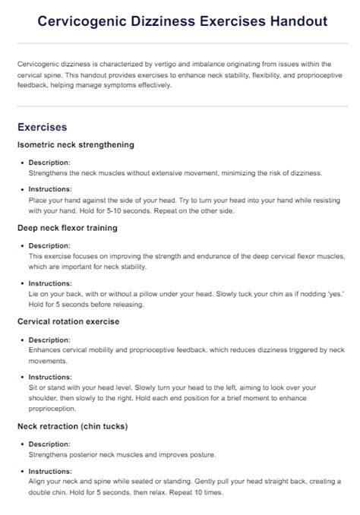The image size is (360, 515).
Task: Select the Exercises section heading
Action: [42, 127]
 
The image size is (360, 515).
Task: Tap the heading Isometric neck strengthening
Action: [75, 144]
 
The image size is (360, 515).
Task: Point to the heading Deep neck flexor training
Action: [67, 228]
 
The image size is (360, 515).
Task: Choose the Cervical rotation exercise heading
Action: [68, 321]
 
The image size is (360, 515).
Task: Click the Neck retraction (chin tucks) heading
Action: [72, 425]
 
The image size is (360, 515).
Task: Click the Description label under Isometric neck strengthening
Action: [49, 163]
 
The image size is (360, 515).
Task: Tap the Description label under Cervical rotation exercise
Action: [49, 340]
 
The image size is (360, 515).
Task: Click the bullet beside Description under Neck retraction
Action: [22, 444]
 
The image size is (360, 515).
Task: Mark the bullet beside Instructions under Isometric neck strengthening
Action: [22, 189]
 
